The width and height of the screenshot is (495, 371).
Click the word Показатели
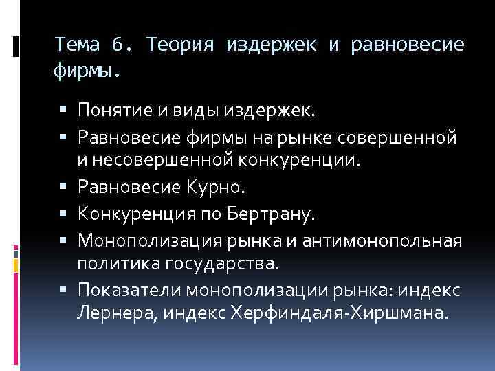(121, 291)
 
